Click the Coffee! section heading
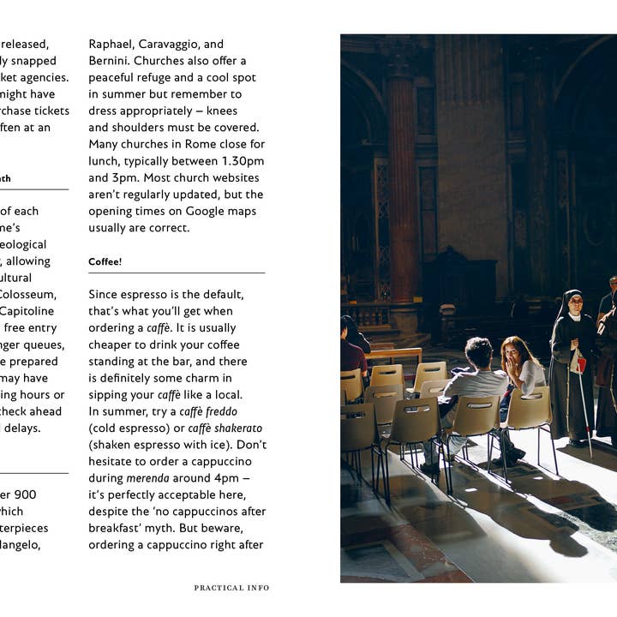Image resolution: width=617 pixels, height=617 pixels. (105, 261)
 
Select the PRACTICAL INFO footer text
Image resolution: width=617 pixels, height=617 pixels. (231, 588)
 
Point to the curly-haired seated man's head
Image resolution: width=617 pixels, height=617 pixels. (479, 350)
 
